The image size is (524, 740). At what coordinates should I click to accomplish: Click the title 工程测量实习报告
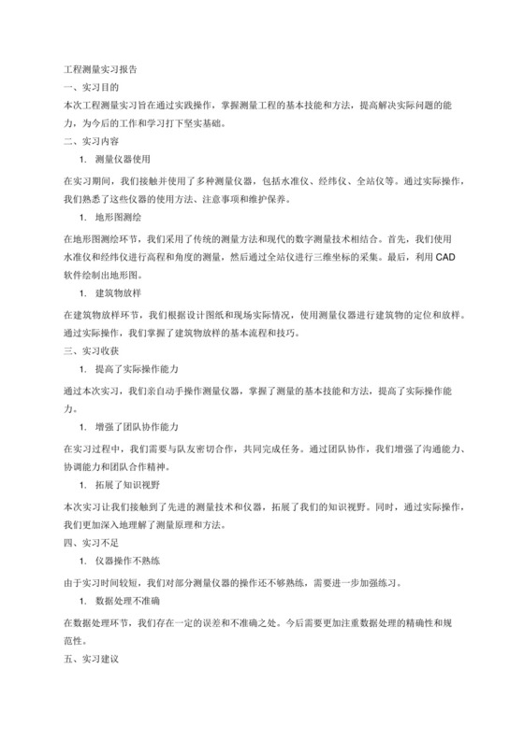tap(99, 69)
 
